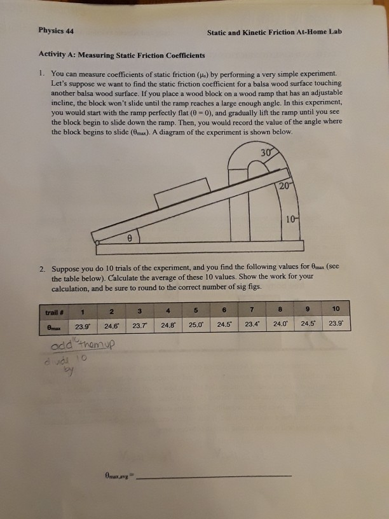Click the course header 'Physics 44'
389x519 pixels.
(x=57, y=31)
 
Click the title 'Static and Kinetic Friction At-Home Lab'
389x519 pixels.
(x=274, y=32)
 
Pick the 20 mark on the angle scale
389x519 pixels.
(x=283, y=184)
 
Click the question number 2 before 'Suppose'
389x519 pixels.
(x=41, y=268)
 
